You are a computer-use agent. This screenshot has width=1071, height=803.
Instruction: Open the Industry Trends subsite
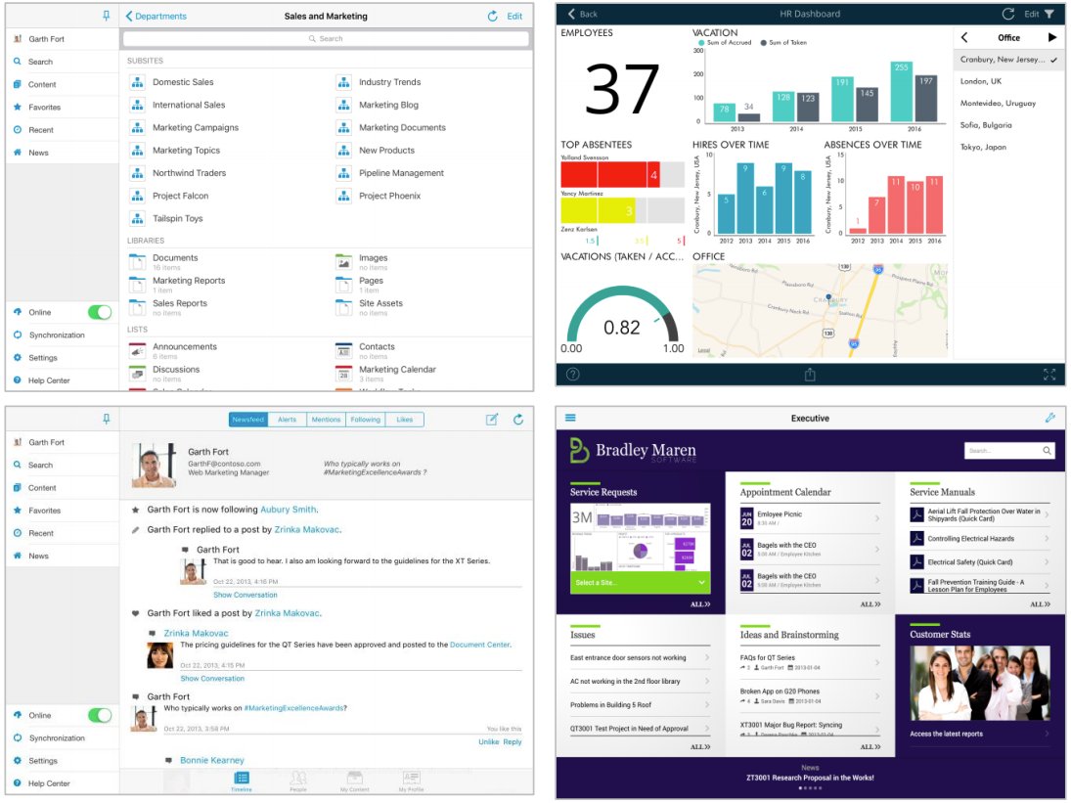pyautogui.click(x=389, y=82)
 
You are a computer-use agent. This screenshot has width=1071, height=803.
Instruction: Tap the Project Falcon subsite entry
pyautogui.click(x=180, y=196)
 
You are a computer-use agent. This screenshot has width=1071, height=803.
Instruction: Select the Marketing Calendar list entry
pyautogui.click(x=397, y=370)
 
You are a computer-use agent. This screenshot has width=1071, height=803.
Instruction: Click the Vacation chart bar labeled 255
pyautogui.click(x=901, y=92)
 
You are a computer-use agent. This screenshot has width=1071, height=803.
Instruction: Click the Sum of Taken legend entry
pyautogui.click(x=784, y=43)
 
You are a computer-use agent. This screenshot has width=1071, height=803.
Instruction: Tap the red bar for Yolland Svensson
pyautogui.click(x=609, y=175)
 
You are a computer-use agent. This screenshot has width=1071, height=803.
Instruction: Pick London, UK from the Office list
pyautogui.click(x=981, y=81)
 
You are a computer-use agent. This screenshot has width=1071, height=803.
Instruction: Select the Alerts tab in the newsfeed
pyautogui.click(x=287, y=420)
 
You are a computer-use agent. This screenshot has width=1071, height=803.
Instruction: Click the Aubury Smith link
pyautogui.click(x=289, y=510)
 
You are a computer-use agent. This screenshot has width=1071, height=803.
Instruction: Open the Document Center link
pyautogui.click(x=479, y=645)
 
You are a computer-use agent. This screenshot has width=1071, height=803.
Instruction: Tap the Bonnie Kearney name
pyautogui.click(x=211, y=760)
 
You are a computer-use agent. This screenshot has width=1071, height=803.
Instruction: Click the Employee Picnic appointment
pyautogui.click(x=779, y=514)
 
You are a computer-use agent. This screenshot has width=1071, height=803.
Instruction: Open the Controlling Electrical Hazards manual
pyautogui.click(x=970, y=539)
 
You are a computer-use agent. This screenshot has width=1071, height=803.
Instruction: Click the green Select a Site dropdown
pyautogui.click(x=639, y=582)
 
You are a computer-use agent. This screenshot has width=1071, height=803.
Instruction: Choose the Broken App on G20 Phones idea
pyautogui.click(x=780, y=691)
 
